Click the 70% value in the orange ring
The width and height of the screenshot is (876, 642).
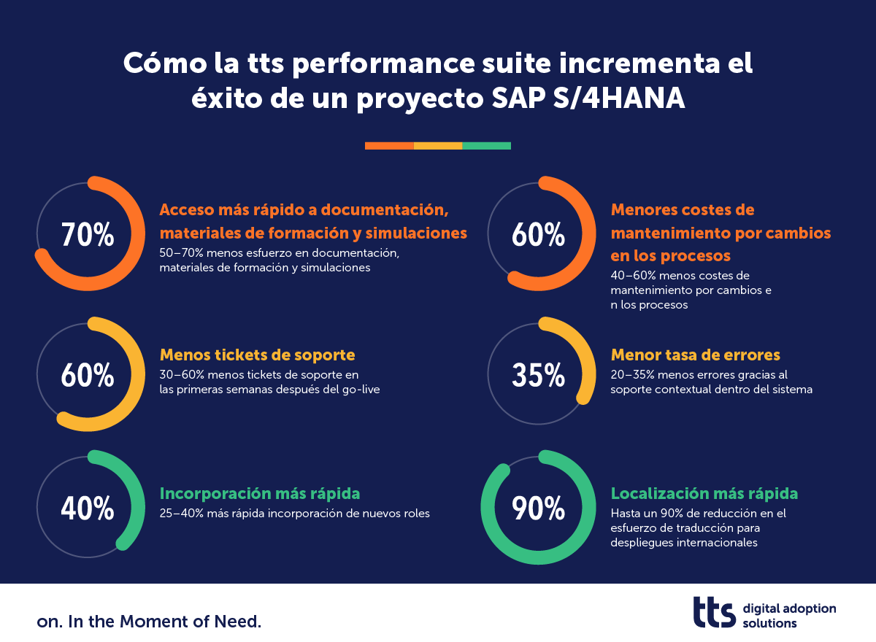point(88,236)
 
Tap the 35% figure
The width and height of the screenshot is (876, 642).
point(539,375)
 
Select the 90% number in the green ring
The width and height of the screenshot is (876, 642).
point(539,508)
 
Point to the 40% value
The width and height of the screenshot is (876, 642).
point(88,508)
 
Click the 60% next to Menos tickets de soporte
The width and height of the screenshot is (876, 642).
point(88,375)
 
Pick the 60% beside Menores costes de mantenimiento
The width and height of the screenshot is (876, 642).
point(539,236)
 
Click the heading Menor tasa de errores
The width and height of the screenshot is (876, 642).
point(696,355)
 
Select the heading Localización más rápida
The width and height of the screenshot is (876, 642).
point(704,494)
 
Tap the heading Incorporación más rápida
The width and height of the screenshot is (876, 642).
point(260,494)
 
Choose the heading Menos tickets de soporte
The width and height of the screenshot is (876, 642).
point(257,355)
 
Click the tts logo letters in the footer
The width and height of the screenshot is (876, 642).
point(714,611)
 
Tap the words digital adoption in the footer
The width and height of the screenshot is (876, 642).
point(789,608)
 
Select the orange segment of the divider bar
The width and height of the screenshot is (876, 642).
point(389,146)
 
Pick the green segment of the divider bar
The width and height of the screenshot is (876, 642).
point(487,146)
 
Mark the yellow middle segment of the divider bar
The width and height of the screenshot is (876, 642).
point(438,146)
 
